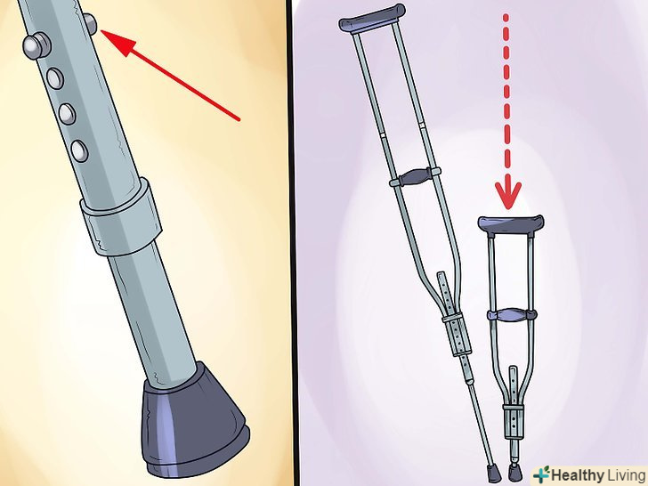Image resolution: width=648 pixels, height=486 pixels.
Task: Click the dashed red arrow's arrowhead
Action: click(508, 195)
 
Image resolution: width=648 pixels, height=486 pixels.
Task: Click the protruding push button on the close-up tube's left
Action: click(35, 46)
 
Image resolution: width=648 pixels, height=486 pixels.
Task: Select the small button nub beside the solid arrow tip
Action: click(91, 23)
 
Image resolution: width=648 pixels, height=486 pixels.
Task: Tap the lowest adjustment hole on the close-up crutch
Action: click(79, 150)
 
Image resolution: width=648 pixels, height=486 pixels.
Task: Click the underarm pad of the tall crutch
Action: click(372, 18)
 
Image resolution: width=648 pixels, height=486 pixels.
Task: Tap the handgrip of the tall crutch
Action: click(415, 176)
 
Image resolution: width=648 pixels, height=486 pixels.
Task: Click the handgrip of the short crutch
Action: click(512, 315)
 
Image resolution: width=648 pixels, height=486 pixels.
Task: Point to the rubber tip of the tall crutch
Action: click(494, 474)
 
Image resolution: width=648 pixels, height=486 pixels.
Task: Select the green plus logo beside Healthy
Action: click(542, 474)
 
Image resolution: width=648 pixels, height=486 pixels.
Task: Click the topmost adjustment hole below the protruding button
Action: click(55, 78)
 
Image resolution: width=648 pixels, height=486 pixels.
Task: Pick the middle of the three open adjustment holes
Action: click(67, 114)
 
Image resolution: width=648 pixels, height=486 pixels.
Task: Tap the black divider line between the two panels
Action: click(295, 243)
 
